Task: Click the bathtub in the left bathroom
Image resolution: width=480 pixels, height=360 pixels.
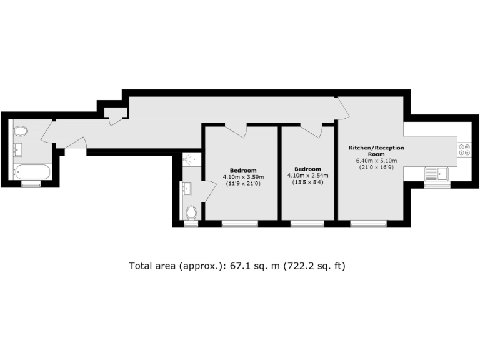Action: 31,171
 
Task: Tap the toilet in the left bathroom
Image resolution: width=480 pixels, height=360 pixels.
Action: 21,131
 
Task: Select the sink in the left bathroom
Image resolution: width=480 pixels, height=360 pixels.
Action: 17,150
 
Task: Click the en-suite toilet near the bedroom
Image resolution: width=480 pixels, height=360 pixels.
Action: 192,212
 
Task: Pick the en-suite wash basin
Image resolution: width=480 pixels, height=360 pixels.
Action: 186,187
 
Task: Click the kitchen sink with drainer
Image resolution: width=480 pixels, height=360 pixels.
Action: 437,173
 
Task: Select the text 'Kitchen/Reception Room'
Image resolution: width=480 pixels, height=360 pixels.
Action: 376,151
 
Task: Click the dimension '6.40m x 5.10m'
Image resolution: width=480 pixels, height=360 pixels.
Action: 376,160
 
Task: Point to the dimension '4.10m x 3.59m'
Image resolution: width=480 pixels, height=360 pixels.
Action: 242,177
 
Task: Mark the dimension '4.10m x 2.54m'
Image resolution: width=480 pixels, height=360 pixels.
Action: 307,176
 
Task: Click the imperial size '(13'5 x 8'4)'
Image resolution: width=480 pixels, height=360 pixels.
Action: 307,182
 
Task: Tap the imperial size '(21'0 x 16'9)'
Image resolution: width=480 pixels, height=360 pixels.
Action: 376,167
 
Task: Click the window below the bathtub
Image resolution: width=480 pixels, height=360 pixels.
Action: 31,184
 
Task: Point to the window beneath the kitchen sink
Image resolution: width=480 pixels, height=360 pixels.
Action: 437,185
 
